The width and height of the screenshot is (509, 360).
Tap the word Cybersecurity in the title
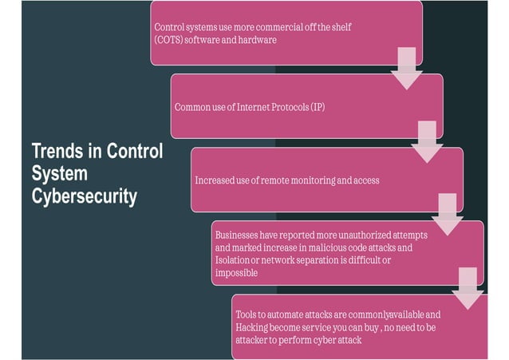(x=85, y=196)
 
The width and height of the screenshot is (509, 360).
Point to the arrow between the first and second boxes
(x=406, y=69)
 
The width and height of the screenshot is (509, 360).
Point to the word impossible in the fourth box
(x=235, y=273)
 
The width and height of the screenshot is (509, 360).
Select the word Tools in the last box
(x=247, y=315)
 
